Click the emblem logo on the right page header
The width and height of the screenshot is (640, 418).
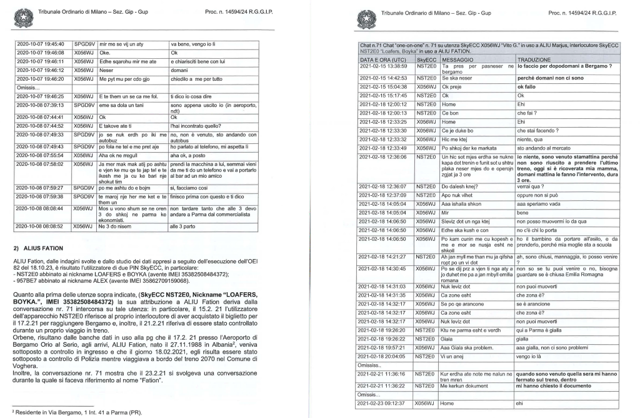click(x=364, y=14)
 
